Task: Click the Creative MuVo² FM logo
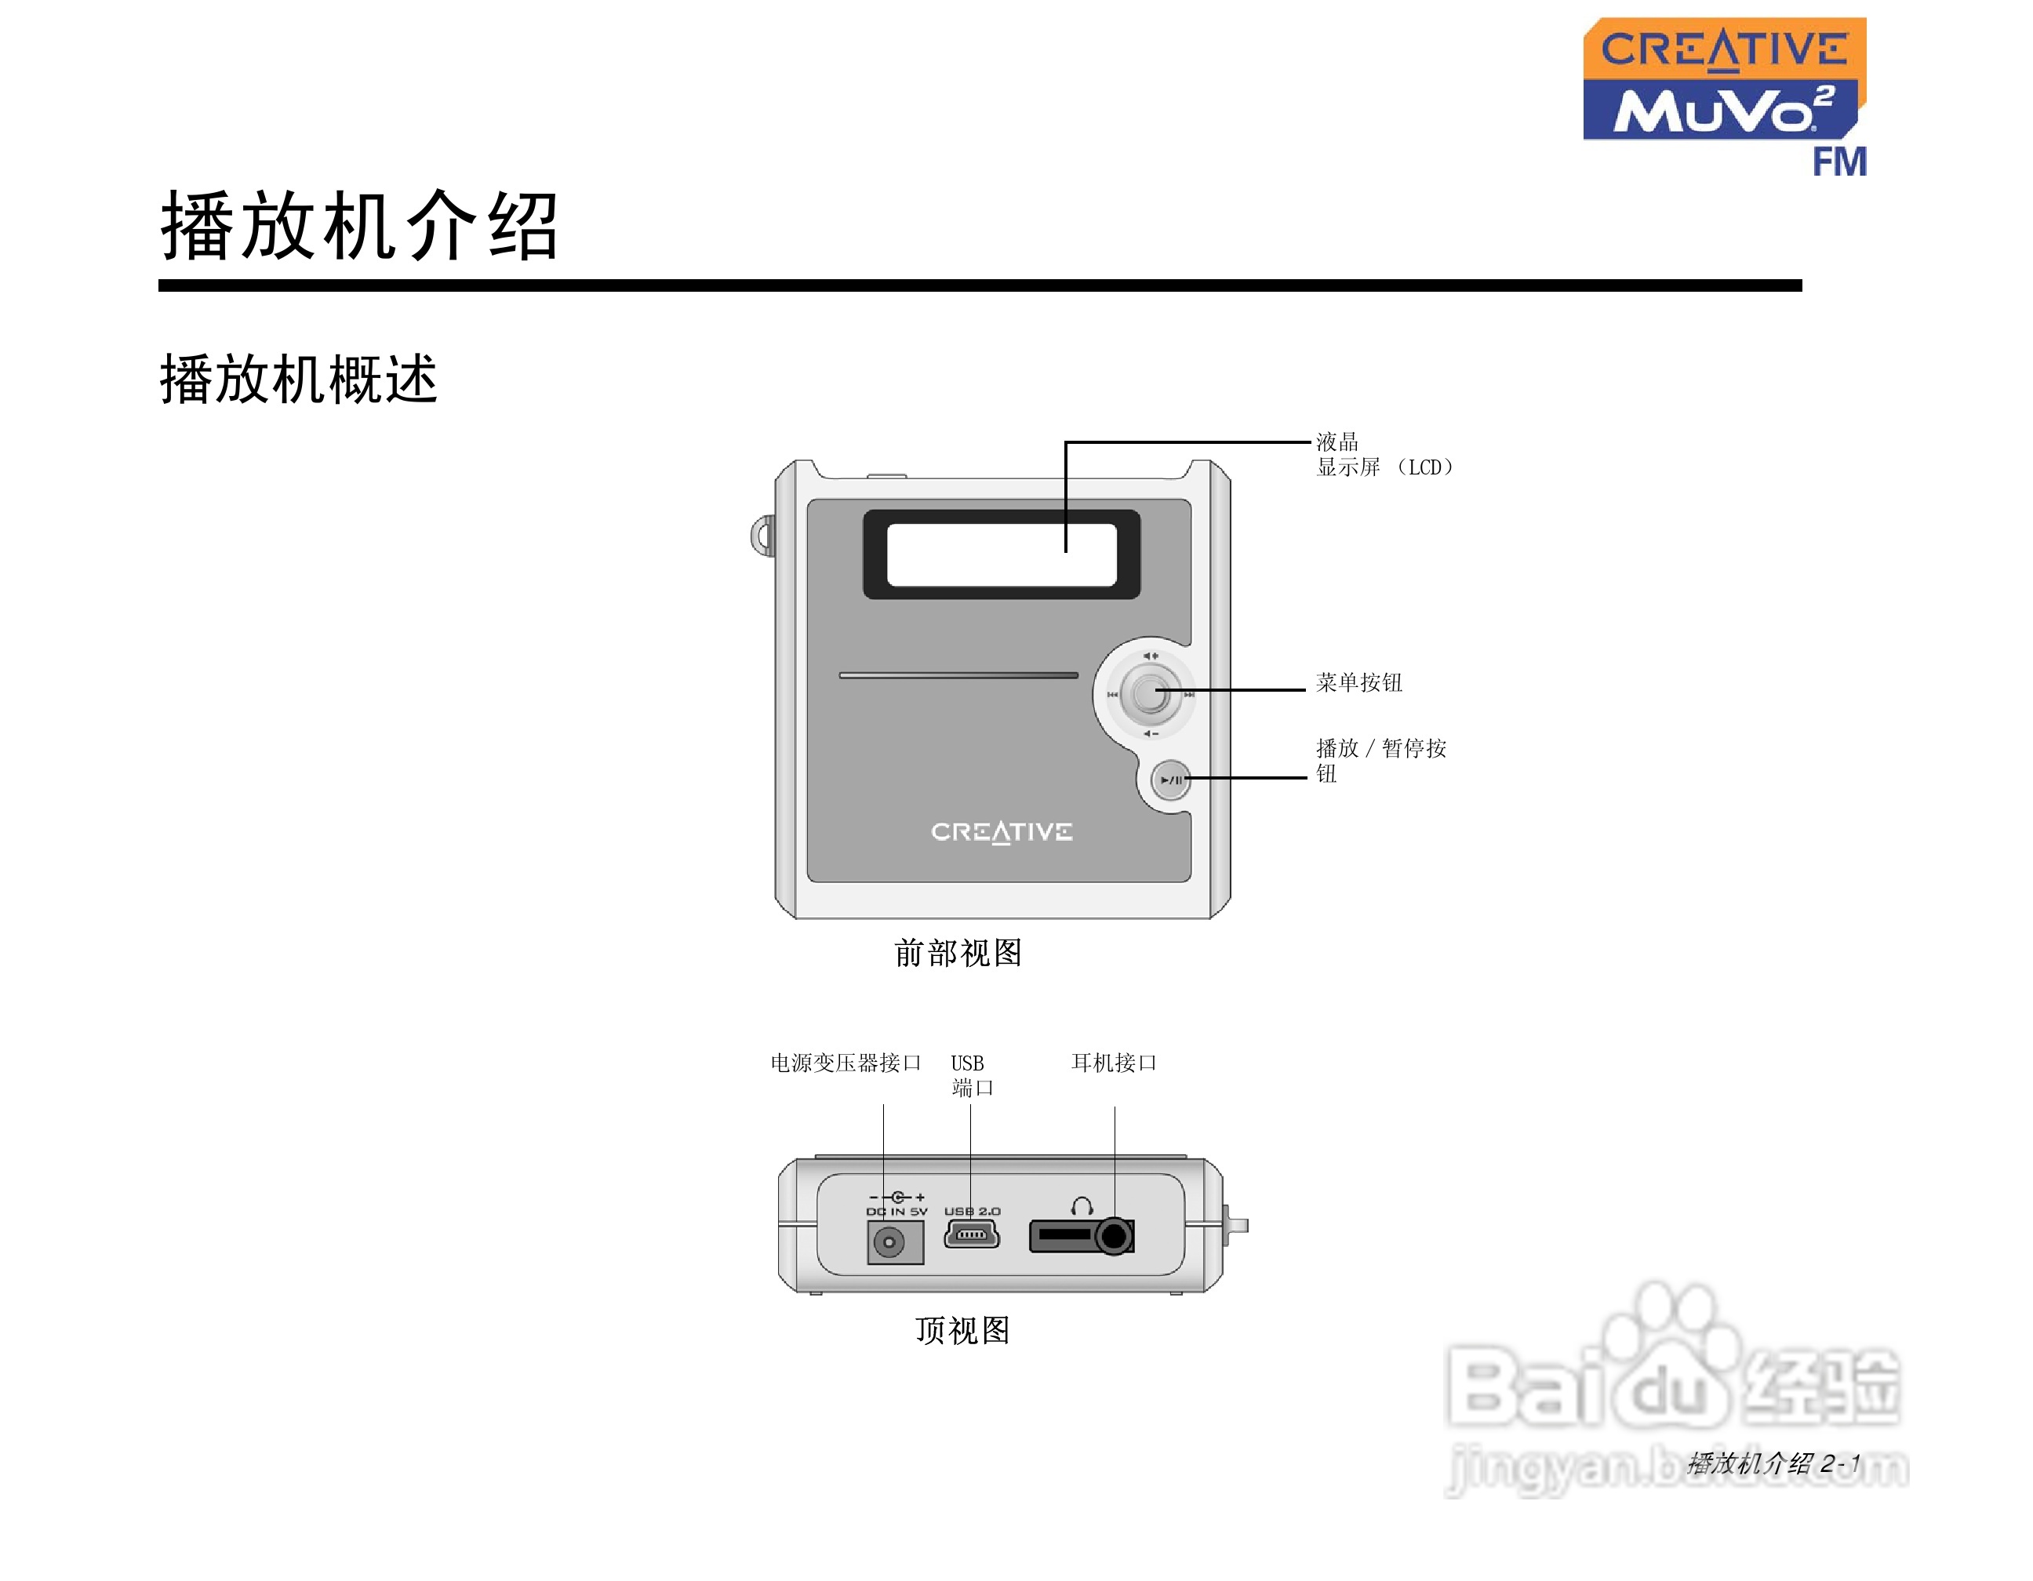1724,95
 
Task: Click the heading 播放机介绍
359,226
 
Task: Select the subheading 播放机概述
299,380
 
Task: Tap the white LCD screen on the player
1001,555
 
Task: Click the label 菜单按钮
1358,683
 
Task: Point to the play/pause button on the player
1171,780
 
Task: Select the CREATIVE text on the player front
1002,831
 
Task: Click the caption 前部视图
958,953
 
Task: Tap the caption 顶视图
962,1331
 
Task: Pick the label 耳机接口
1113,1063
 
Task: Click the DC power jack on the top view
890,1242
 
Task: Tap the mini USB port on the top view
972,1235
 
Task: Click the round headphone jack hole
1113,1237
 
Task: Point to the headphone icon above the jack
1082,1207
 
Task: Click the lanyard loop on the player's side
763,536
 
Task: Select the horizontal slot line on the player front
958,675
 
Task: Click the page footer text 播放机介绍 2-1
1773,1463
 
